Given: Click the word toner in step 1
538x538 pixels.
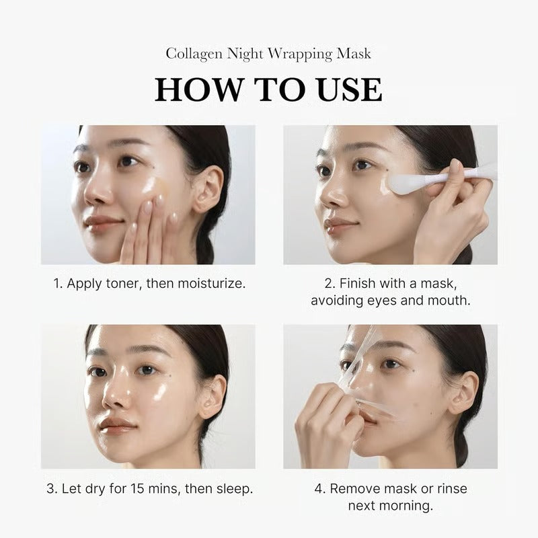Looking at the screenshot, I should [123, 283].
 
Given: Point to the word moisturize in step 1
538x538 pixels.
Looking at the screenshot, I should [210, 283].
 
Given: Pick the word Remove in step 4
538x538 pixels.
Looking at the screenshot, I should [353, 488].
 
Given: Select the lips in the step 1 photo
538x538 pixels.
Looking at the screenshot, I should [103, 223].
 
